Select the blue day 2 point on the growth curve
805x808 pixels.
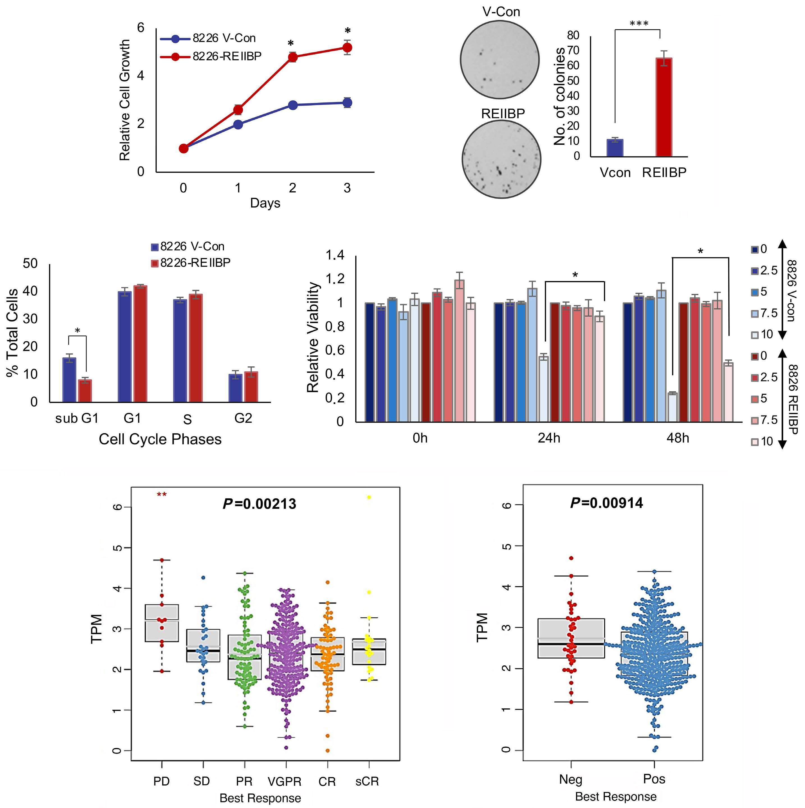[x=293, y=105]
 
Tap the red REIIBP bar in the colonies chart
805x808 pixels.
[x=664, y=107]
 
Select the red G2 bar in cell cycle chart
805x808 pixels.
[x=251, y=386]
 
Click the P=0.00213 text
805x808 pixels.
[x=259, y=504]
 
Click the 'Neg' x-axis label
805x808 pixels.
[x=570, y=779]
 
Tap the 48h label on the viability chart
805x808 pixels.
[x=678, y=438]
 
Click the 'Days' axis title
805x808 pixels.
[x=265, y=203]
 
